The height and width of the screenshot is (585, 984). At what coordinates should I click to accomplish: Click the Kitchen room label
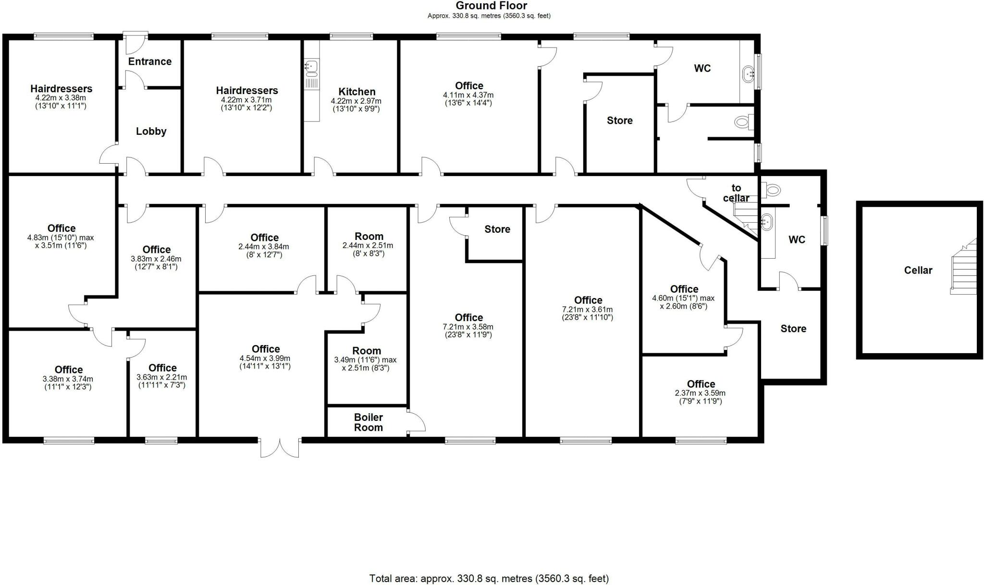[x=357, y=92]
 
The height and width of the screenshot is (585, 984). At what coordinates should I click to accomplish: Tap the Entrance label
[x=150, y=61]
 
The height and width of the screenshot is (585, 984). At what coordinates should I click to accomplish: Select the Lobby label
[x=151, y=131]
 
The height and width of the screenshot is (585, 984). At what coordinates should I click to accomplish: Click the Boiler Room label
[x=369, y=422]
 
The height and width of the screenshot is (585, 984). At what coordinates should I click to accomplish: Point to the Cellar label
[x=918, y=270]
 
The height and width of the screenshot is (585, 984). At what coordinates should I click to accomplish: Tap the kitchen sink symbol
[x=311, y=68]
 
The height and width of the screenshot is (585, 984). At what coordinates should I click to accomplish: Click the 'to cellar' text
[x=736, y=193]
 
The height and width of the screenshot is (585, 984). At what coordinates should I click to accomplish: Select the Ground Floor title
[x=491, y=6]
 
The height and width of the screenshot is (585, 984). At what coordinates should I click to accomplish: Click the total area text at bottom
[x=489, y=578]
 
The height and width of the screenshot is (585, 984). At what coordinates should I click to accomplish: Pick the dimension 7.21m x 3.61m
[x=588, y=310]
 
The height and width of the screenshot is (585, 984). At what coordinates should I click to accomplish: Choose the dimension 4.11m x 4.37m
[x=468, y=95]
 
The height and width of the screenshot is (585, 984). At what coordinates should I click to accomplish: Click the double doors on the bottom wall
[x=280, y=448]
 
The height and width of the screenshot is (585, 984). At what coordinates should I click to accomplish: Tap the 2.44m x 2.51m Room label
[x=368, y=245]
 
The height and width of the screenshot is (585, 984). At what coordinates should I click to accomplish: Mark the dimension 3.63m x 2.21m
[x=162, y=377]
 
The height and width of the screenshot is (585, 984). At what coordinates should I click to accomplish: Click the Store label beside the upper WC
[x=619, y=120]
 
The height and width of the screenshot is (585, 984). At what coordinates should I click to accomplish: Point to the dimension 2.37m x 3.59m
[x=701, y=393]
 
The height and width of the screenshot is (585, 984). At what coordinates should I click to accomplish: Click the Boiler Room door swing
[x=417, y=422]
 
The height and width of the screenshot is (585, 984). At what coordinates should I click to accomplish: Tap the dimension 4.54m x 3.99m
[x=265, y=358]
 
